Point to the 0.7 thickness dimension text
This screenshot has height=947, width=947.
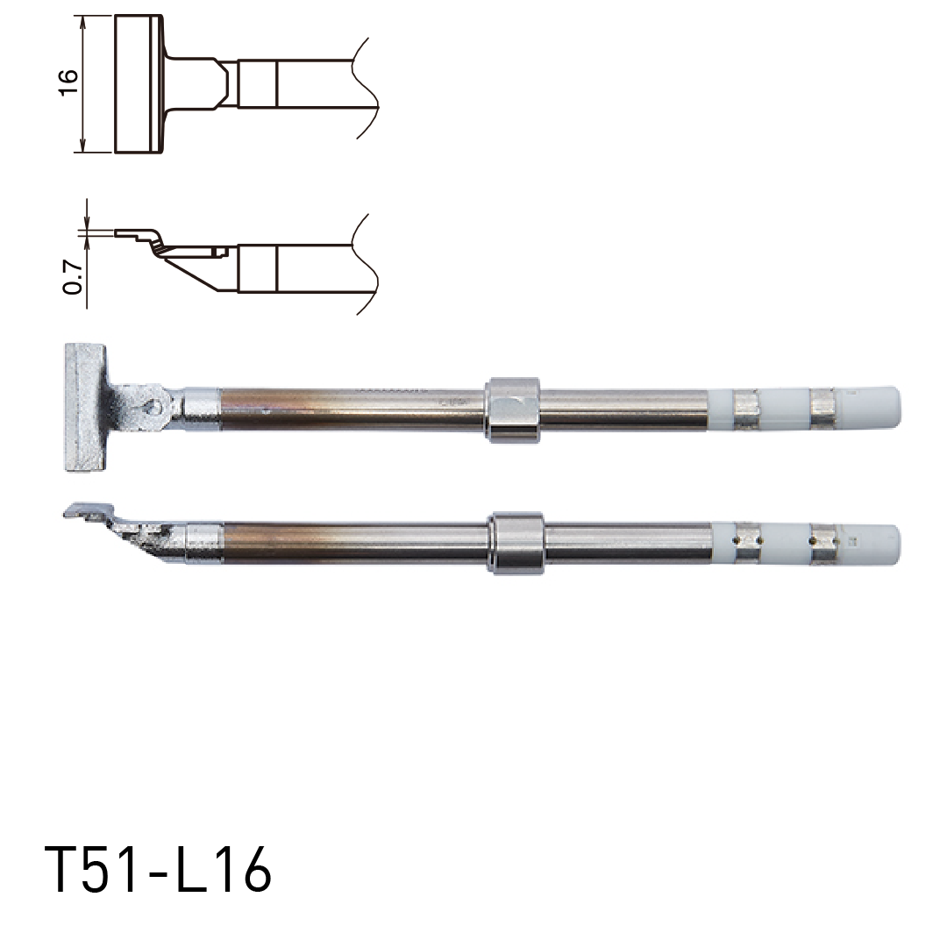point(74,275)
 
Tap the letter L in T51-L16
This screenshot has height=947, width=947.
point(188,871)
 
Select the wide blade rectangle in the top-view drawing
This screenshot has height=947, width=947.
point(138,84)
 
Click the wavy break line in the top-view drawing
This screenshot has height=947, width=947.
point(366,86)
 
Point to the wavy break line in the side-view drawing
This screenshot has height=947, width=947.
point(366,263)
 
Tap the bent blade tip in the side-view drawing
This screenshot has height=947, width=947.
point(140,236)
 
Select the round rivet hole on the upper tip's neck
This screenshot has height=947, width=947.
point(155,405)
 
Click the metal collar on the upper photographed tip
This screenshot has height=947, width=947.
point(512,409)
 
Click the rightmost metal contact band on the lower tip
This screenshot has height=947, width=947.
point(824,543)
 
